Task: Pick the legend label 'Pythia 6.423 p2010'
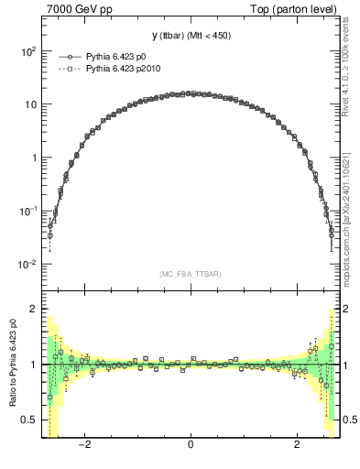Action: (124, 68)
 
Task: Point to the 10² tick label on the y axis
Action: (28, 51)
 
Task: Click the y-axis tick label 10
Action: (30, 104)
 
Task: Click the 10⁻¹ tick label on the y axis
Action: (28, 211)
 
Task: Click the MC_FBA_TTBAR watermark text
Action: (190, 274)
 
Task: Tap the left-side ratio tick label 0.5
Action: (30, 420)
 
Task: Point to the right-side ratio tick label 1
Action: (345, 365)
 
